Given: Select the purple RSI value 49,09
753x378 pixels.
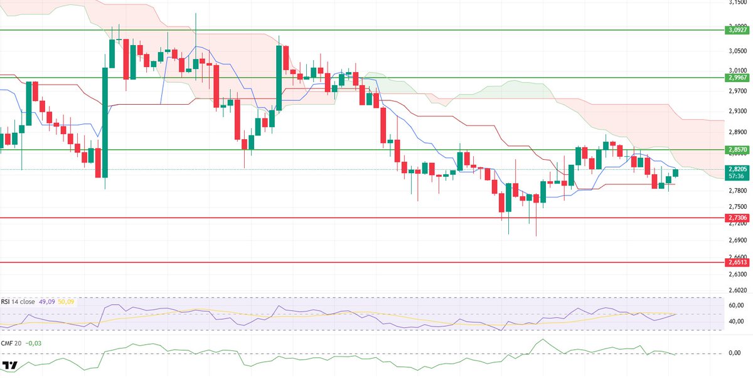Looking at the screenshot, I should [x=46, y=302].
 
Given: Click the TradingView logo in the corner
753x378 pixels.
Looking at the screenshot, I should [x=10, y=365].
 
